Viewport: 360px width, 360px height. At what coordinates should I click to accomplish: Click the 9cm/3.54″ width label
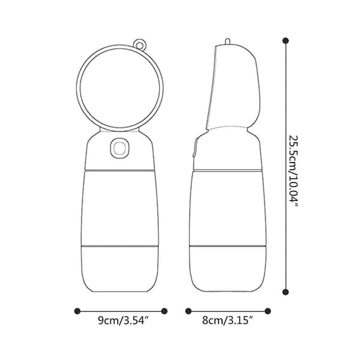pyautogui.click(x=124, y=320)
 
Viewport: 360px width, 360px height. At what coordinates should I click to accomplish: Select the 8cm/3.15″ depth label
pyautogui.click(x=227, y=320)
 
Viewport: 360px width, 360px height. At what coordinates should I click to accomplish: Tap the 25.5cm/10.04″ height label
pyautogui.click(x=293, y=171)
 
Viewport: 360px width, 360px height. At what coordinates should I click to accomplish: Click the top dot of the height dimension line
pyautogui.click(x=286, y=41)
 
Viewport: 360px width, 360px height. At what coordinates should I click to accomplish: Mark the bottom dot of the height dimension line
pyautogui.click(x=286, y=292)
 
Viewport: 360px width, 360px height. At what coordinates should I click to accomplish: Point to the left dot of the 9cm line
pyautogui.click(x=77, y=311)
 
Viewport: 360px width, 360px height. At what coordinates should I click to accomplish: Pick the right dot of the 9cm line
pyautogui.click(x=164, y=311)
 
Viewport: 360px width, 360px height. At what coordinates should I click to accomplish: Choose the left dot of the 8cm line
pyautogui.click(x=188, y=311)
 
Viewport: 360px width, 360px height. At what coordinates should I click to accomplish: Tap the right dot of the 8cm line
pyautogui.click(x=268, y=311)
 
